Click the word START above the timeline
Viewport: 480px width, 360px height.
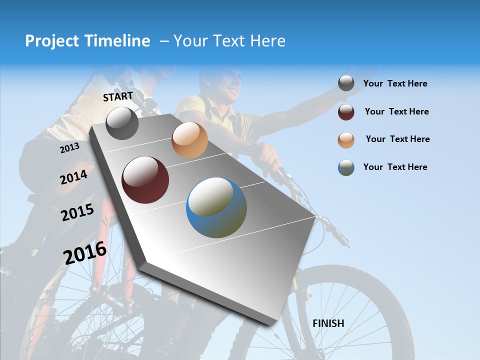point(118,96)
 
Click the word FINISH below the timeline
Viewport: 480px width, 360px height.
point(328,323)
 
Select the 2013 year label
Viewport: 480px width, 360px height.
point(69,147)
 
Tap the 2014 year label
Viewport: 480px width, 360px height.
point(73,177)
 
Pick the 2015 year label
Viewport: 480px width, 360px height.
point(77,212)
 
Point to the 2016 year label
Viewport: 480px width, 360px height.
point(85,252)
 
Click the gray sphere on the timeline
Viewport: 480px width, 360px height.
point(122,123)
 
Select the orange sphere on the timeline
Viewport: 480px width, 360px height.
point(189,140)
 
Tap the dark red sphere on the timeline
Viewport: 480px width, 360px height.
point(145,180)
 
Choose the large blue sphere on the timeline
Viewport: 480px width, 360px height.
point(216,207)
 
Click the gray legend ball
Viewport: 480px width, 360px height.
point(346,83)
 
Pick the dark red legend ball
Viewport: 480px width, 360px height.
point(346,112)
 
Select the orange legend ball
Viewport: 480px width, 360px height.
point(346,140)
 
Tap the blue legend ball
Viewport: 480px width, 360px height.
point(346,167)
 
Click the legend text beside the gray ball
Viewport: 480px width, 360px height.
point(395,83)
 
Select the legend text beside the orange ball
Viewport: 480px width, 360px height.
point(397,139)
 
